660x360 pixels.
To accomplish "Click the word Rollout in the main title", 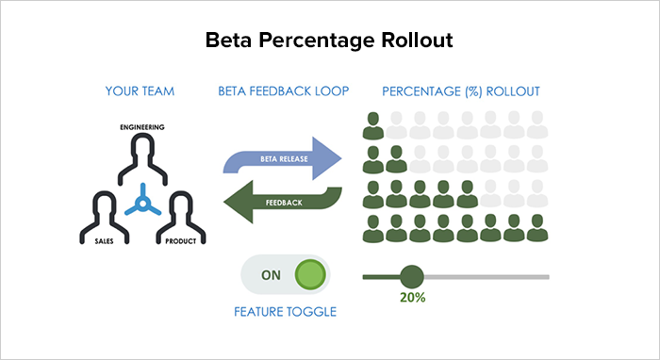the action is coord(417,40).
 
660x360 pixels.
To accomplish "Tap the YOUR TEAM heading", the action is coord(140,91).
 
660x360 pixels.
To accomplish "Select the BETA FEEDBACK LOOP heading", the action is coord(283,91).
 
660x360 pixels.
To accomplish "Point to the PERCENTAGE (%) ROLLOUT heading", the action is coord(461,91).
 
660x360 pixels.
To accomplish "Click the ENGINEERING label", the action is coord(142,127).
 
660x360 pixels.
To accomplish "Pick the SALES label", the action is coord(104,241).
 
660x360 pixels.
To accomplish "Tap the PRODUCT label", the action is coord(181,241).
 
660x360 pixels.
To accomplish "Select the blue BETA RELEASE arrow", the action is coord(283,158).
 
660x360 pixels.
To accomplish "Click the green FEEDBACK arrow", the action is coord(283,202).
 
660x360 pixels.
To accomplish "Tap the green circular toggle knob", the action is coord(310,274).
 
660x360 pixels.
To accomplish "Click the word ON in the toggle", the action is coord(271,275).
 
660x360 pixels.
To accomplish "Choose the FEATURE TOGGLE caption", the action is coord(286,312).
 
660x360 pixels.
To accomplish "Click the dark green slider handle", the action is coord(412,277).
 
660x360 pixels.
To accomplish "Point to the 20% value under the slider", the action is coord(413,298).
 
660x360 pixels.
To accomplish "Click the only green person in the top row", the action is coord(373,125).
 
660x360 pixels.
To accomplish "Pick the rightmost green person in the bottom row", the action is coord(537,228).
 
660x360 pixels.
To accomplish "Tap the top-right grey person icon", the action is coord(537,125).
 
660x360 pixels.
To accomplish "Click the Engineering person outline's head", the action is coord(142,146).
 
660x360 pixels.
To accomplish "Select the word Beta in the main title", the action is coord(228,40).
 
